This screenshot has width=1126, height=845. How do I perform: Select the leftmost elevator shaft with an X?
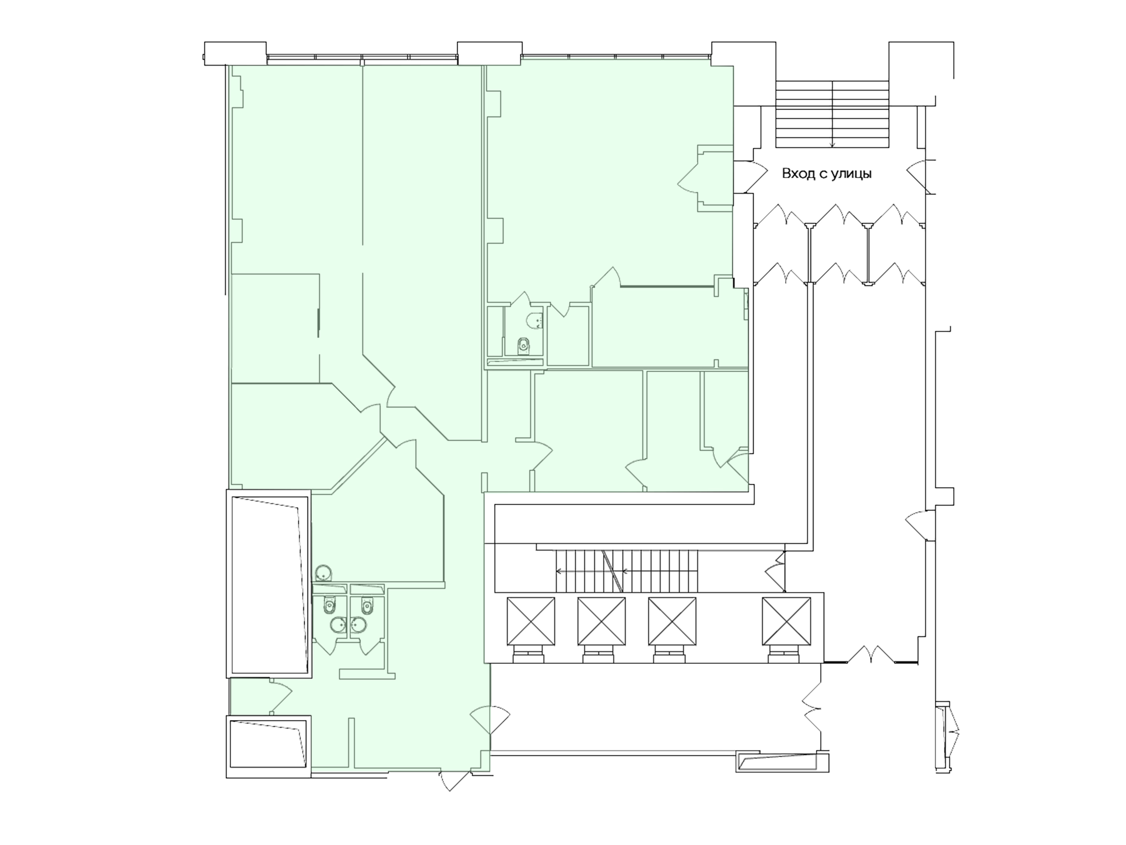530,621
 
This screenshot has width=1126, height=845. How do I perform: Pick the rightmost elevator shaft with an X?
786,621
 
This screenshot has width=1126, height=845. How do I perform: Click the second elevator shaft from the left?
601,621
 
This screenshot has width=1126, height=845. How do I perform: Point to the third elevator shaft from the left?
672,621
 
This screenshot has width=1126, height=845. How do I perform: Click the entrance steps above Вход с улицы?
832,114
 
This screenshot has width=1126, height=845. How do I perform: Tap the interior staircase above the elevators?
627,571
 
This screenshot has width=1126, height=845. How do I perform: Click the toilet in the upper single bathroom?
523,346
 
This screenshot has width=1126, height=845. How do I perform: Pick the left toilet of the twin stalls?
331,606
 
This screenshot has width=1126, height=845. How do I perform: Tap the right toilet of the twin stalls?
366,606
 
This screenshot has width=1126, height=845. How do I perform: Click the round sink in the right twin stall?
358,625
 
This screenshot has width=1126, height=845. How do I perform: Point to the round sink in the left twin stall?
337,625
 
